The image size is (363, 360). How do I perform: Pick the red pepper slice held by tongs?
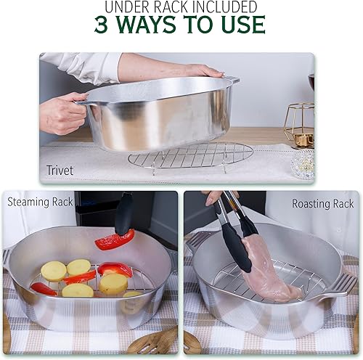click(x=115, y=240)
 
